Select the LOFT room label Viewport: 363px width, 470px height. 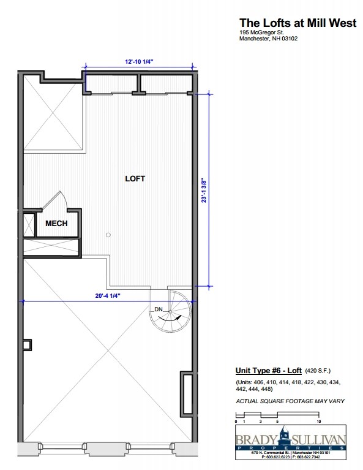[x=135, y=179]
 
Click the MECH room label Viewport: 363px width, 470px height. [x=56, y=224]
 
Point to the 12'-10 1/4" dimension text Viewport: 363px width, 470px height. [x=139, y=61]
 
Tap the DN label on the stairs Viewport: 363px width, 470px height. [x=158, y=309]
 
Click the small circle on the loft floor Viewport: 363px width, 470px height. [x=108, y=233]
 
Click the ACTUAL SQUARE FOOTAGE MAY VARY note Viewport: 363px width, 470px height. [x=290, y=401]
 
